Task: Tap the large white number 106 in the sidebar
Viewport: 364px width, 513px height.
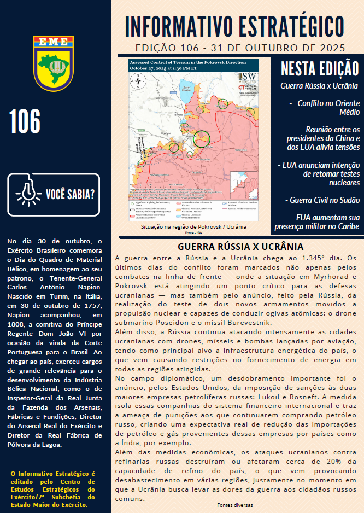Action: click(25, 121)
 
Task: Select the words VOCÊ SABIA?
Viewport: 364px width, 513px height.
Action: click(70, 194)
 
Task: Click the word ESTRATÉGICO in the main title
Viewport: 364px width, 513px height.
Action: click(285, 26)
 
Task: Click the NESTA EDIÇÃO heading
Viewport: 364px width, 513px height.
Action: click(316, 69)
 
